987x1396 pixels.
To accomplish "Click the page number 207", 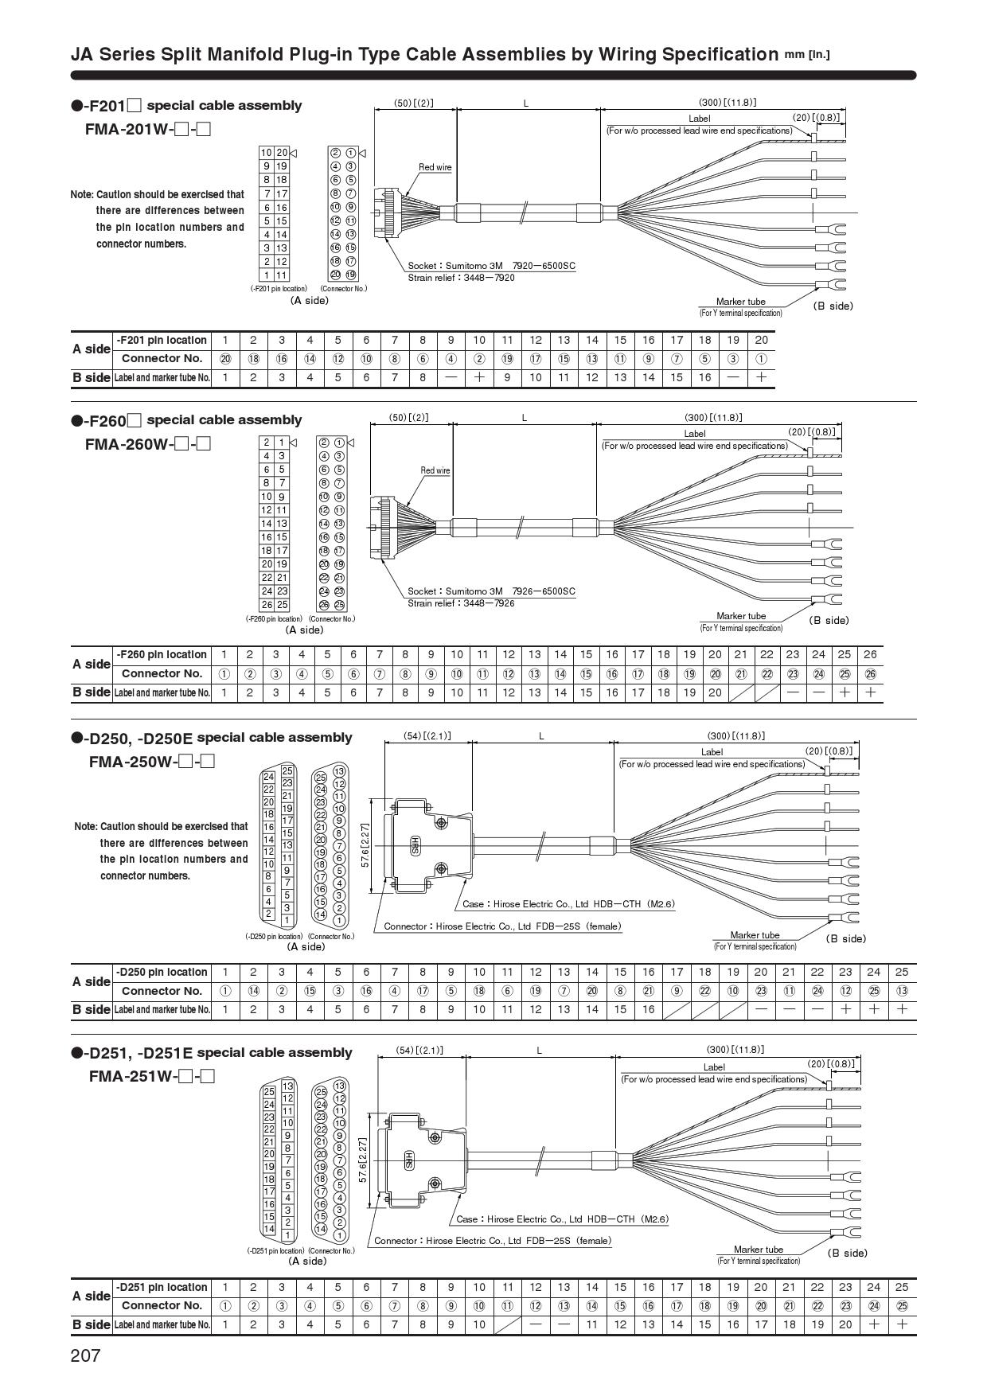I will coord(86,1355).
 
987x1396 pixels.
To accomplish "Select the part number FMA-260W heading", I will coord(147,444).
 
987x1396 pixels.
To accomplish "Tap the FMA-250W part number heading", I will coord(152,762).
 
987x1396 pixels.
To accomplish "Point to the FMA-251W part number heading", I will coord(152,1077).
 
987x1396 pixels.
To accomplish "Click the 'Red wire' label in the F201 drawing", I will coord(435,167).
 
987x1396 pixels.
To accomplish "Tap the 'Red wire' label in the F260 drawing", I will coord(435,470).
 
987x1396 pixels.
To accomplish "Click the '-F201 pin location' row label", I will coord(162,340).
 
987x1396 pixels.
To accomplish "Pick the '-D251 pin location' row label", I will coord(162,1287).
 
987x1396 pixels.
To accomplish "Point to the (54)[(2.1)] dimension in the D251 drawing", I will coord(419,1050).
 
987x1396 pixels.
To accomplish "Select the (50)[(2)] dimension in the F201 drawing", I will coord(415,103).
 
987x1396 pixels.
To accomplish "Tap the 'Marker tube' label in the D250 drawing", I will coord(755,935).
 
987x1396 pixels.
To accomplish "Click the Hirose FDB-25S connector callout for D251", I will coord(493,1240).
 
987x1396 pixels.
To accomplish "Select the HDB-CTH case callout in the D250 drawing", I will coord(568,904).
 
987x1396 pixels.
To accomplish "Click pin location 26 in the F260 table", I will coord(870,654).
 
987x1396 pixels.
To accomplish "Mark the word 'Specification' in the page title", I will coord(720,54).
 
